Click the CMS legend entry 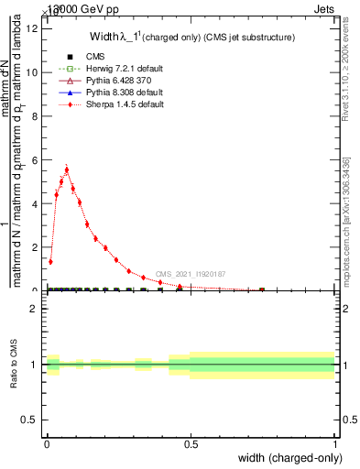pos(81,56)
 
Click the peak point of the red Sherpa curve pos(67,169)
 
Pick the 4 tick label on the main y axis pos(33,204)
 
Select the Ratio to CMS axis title pos(14,364)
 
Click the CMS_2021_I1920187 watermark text pos(190,274)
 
